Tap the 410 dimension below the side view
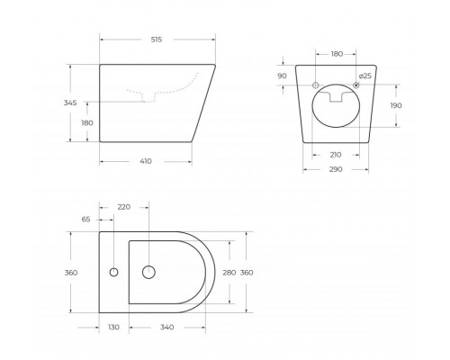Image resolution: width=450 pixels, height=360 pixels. point(146,161)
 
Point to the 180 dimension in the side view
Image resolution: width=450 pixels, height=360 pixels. point(87,122)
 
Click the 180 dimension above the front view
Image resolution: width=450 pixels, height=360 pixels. point(336,54)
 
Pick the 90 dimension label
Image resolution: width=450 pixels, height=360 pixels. point(282,76)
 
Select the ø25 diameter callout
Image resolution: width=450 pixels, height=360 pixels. point(364,76)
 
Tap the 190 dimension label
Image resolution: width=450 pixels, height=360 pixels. point(395,105)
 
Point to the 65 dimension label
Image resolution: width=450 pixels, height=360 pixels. point(85,219)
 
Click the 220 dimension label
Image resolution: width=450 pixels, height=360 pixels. point(124,207)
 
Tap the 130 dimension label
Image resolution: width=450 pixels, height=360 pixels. point(114,328)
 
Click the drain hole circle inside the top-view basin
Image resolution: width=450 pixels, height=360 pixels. point(149,272)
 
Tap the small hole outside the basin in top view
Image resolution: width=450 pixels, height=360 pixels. point(114,272)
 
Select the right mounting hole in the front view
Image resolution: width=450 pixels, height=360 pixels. point(356,85)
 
